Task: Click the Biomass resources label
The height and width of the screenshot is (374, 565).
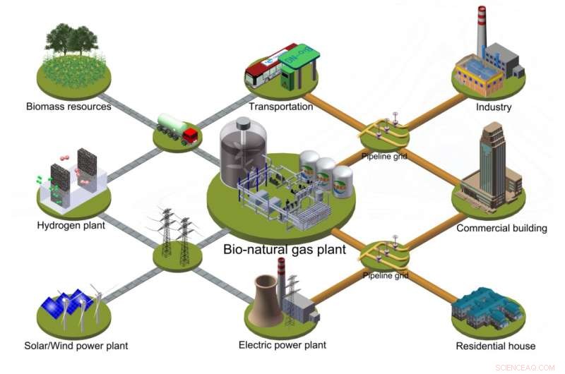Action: tap(69, 107)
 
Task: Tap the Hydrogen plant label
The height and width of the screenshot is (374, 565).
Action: tap(71, 226)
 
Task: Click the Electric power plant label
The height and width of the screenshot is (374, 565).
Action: tap(282, 345)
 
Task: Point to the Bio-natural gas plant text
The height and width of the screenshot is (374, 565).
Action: tap(285, 249)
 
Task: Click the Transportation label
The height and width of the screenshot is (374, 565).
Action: tap(280, 107)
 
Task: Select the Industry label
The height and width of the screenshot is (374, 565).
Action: tap(494, 107)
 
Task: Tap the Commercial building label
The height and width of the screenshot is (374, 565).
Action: tap(501, 228)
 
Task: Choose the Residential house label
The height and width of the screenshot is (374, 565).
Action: tap(495, 346)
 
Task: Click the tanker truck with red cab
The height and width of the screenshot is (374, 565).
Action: tap(177, 130)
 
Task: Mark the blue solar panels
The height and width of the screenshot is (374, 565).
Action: tap(71, 306)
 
